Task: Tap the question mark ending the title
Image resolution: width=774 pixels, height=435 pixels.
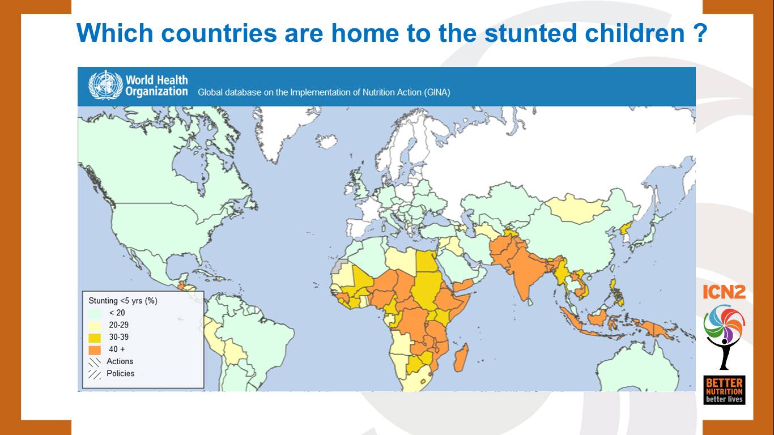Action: tap(700, 33)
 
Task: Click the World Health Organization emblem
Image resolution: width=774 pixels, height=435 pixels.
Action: tap(105, 86)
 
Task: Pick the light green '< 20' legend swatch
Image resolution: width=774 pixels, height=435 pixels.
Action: tap(95, 313)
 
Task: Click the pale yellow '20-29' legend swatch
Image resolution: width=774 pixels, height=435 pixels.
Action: tap(95, 325)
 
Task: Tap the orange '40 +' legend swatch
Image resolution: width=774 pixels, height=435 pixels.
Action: tap(95, 349)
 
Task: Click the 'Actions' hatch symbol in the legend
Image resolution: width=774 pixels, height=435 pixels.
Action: tap(95, 361)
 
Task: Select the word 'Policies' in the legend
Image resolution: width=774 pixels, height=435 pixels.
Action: tap(120, 373)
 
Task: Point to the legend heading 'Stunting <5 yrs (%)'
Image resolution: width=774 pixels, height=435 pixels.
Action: tap(123, 301)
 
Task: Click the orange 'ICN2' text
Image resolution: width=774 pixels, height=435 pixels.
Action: tap(724, 292)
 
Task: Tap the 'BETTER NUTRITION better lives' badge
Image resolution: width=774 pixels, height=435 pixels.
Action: tap(724, 390)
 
